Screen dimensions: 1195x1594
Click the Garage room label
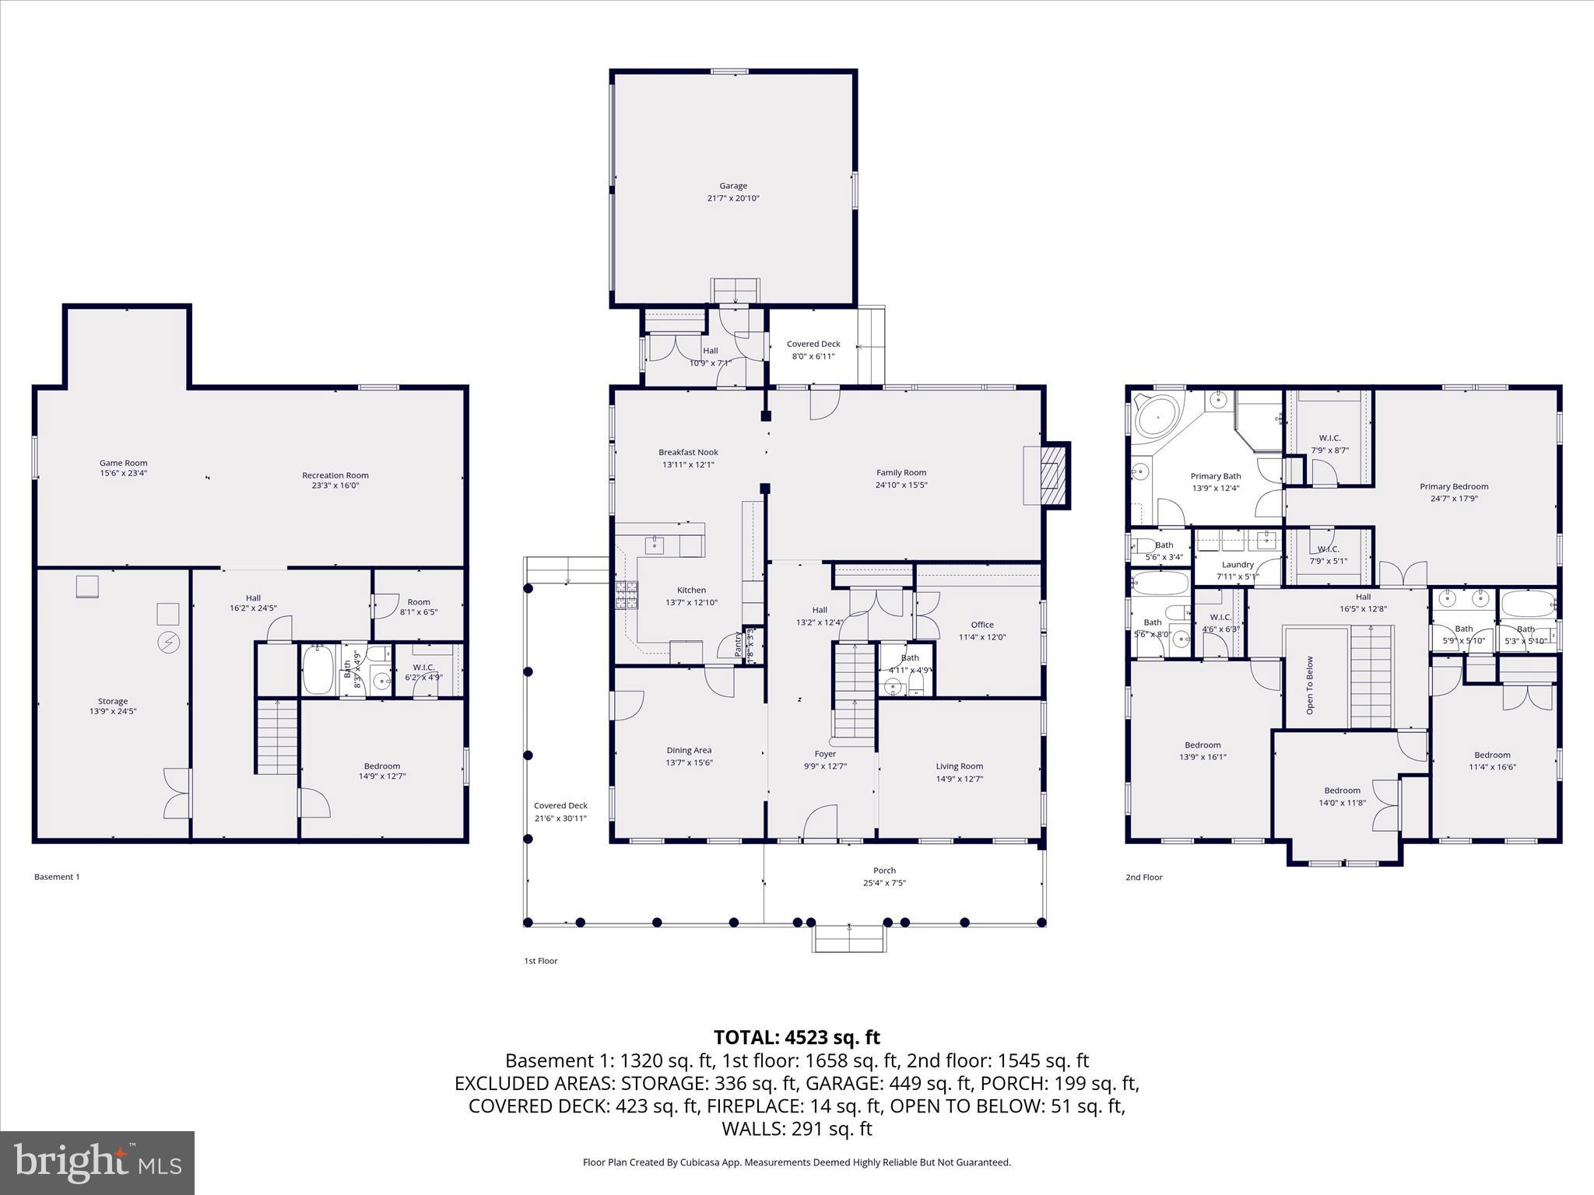732,186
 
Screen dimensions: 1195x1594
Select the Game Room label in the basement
123,463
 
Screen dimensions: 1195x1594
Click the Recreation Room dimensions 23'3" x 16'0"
335,485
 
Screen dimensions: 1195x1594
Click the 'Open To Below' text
1310,685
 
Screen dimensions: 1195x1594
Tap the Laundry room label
1238,565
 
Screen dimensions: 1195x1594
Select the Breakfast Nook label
688,452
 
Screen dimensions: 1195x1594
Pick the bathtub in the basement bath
318,669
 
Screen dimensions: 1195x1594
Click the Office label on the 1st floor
982,625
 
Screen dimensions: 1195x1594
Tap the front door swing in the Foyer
820,823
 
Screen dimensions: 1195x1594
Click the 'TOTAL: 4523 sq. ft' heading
796,1037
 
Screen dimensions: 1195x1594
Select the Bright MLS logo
97,1162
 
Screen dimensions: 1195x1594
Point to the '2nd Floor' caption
1143,877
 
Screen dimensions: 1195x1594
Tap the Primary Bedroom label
1453,487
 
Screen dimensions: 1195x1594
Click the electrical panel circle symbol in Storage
168,642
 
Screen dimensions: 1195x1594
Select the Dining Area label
689,751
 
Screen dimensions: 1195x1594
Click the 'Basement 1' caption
57,877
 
